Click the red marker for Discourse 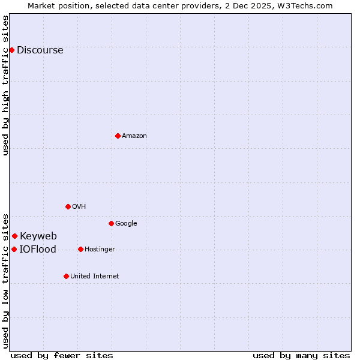point(11,50)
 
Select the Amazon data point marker point(118,136)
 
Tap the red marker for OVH point(68,206)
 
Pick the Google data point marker point(111,223)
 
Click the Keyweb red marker point(14,236)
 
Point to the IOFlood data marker point(14,249)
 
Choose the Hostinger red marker point(80,249)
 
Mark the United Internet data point point(66,276)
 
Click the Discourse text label point(40,50)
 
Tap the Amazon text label point(134,136)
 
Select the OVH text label point(79,207)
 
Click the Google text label point(126,224)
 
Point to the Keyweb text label point(38,236)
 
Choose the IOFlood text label point(38,250)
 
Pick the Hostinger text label point(100,250)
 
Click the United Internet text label point(95,277)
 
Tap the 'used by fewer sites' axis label point(62,355)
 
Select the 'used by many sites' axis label point(301,355)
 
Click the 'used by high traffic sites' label point(6,85)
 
